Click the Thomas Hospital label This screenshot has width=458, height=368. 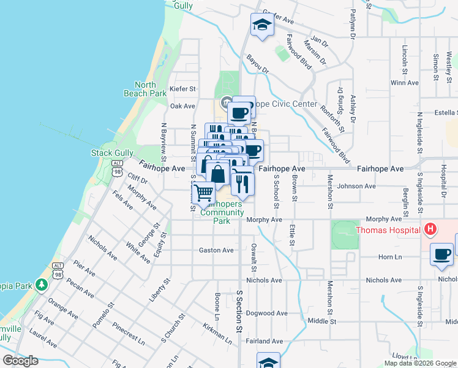point(389,231)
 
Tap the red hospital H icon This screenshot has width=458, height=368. point(431,230)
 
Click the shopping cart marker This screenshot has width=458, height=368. point(203,193)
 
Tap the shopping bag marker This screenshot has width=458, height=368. point(218,173)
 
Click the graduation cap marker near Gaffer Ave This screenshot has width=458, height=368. point(262,26)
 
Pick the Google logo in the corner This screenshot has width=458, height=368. point(20,361)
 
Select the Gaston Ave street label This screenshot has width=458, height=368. point(216,250)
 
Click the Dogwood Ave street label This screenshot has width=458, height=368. point(266,313)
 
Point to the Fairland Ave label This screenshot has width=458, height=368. point(265,341)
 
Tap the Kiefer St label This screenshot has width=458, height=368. point(182,89)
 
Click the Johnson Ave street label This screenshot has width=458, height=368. point(356,186)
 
